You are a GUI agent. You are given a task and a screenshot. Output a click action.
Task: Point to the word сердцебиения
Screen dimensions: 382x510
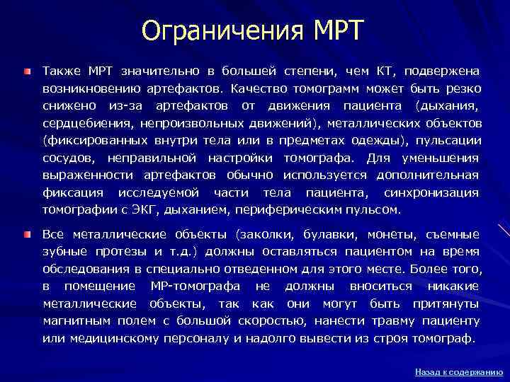tap(80, 123)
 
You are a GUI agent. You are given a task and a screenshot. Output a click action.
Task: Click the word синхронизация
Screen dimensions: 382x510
tap(431, 192)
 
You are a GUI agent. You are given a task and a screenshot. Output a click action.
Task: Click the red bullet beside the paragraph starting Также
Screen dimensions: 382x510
tap(26, 71)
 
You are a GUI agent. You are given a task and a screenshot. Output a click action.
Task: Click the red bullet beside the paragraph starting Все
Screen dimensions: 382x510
tap(26, 234)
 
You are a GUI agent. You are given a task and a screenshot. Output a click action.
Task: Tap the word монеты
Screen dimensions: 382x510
tap(392, 234)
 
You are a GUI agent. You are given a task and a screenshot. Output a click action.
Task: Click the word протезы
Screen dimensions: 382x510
tap(111, 251)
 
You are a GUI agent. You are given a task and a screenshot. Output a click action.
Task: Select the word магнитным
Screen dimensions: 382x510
tap(74, 321)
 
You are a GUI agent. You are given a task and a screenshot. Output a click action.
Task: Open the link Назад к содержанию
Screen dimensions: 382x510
tap(459, 371)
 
